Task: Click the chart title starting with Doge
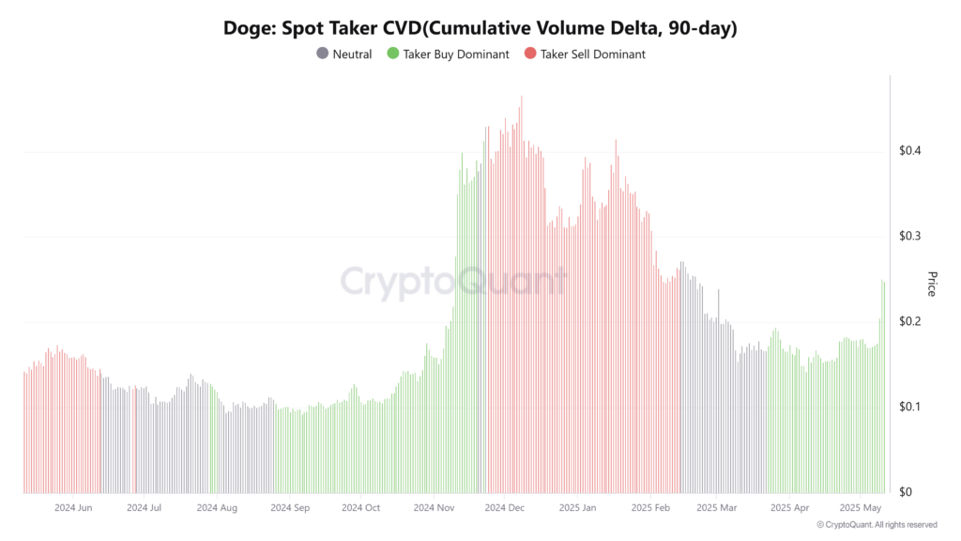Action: (480, 28)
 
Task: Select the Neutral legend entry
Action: (352, 54)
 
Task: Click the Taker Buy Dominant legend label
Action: (455, 54)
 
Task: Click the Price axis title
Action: (932, 284)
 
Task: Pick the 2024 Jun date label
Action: (73, 508)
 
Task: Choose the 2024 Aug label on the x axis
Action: (217, 508)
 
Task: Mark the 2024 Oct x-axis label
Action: (361, 508)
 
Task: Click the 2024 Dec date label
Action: (504, 508)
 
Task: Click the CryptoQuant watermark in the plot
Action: (453, 282)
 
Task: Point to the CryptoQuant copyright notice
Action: (877, 525)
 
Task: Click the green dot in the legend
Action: (393, 54)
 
